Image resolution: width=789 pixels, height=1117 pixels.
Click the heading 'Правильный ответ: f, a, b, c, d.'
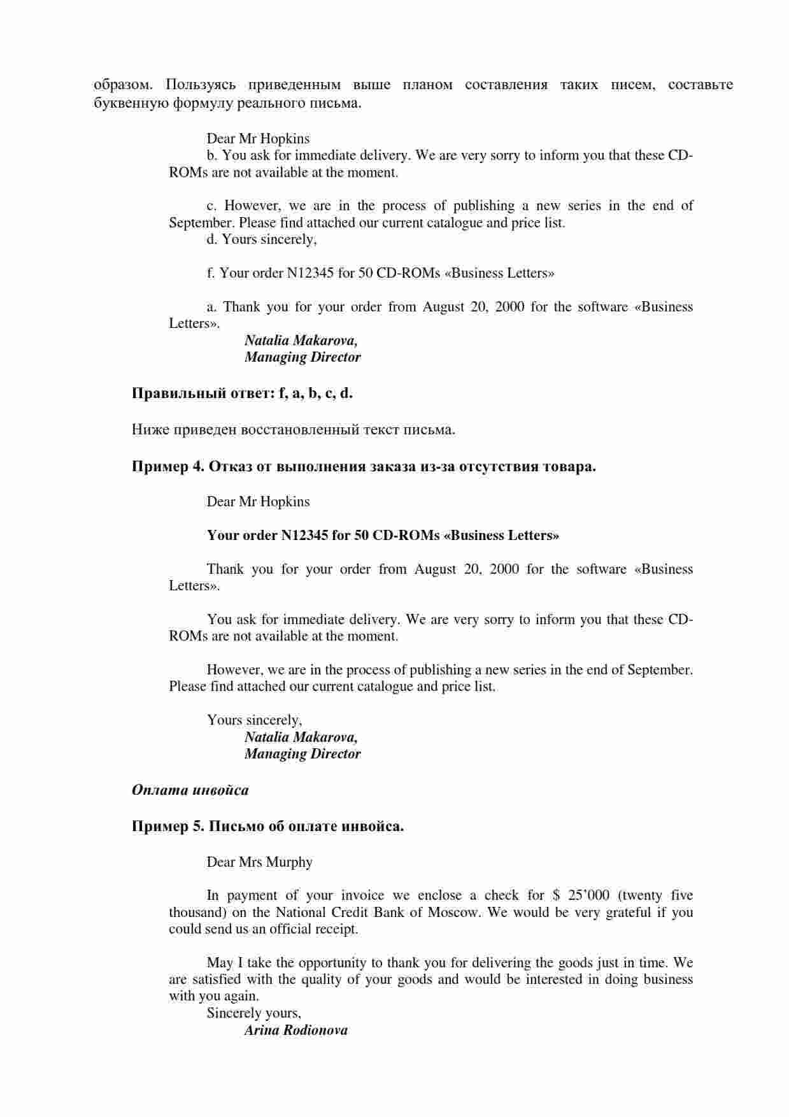[242, 393]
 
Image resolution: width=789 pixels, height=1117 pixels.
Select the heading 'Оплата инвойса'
[190, 790]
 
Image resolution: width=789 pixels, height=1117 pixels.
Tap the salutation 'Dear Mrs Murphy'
[259, 862]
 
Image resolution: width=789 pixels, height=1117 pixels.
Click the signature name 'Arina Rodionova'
[295, 1030]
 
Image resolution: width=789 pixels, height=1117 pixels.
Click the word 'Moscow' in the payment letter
[453, 913]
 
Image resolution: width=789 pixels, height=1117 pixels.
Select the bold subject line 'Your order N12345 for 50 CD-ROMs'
[383, 536]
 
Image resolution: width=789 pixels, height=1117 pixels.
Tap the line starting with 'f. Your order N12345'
[380, 273]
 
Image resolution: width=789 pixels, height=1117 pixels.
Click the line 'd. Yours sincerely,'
[261, 239]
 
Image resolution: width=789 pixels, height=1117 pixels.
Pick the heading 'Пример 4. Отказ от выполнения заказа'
[364, 466]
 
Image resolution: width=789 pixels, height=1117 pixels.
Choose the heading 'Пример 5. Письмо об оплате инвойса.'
[267, 827]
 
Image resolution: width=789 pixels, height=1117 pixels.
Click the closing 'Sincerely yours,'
[253, 1013]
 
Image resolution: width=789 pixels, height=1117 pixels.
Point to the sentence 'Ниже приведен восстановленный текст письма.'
[293, 430]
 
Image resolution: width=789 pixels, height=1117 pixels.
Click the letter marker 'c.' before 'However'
[212, 206]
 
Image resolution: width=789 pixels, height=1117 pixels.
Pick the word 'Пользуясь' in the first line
[201, 85]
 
